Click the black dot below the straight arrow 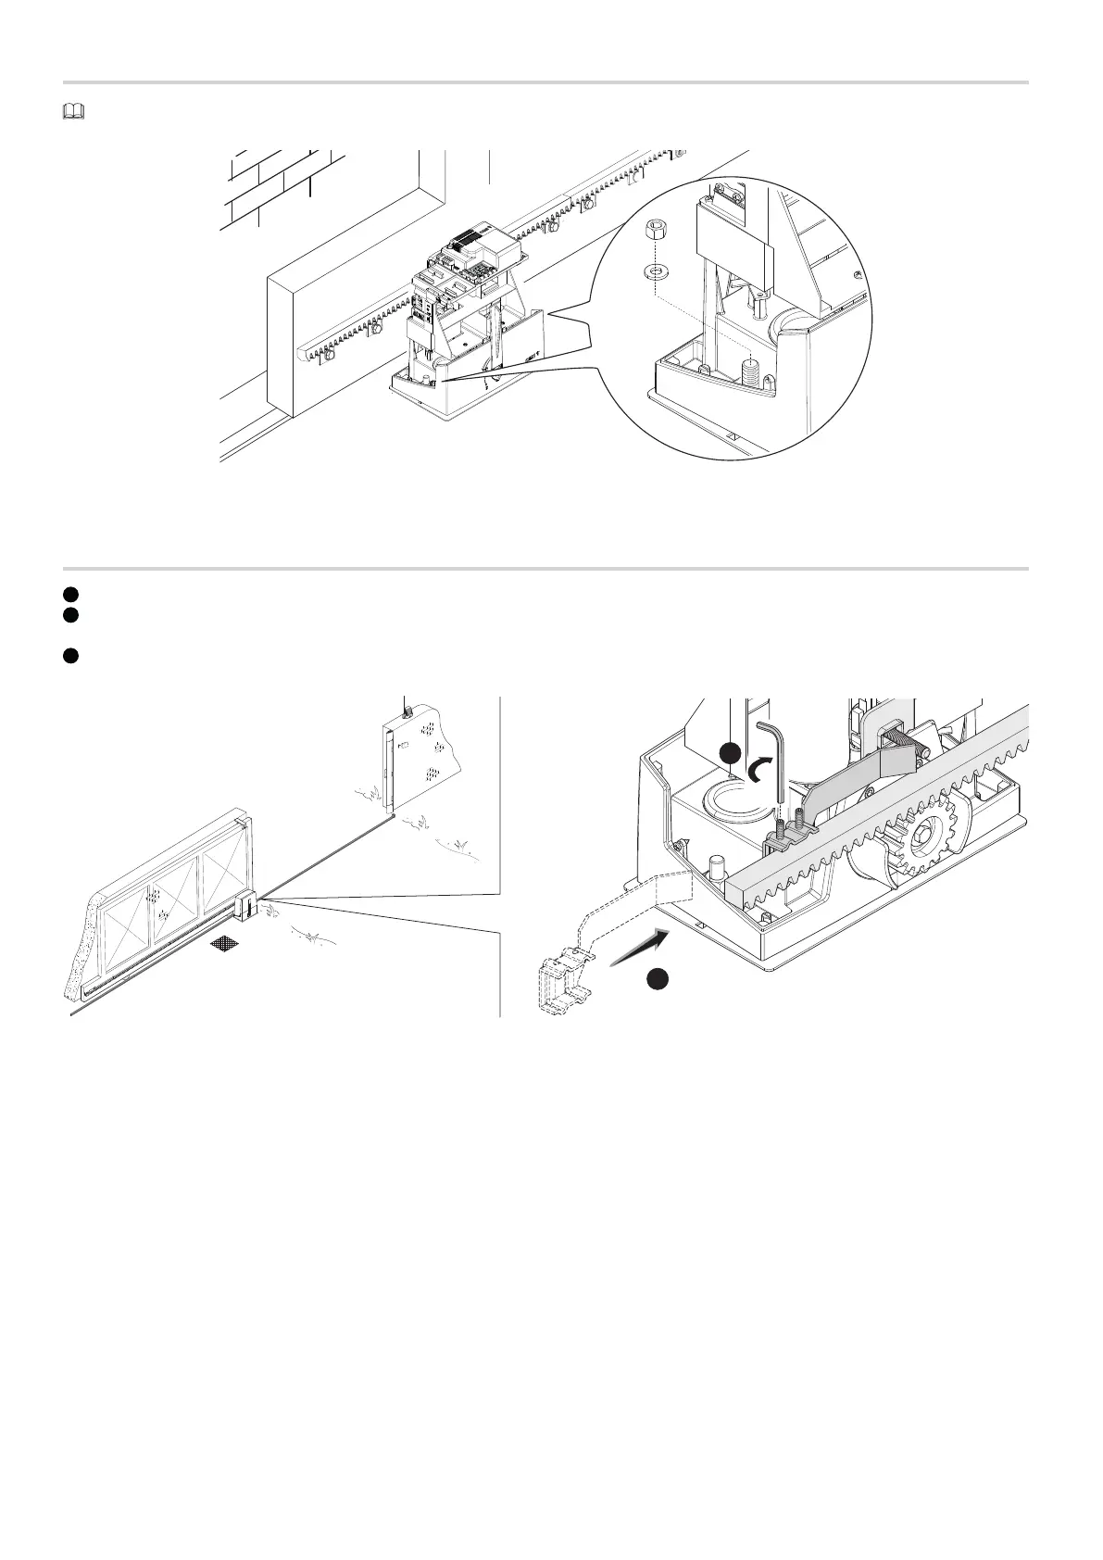click(658, 980)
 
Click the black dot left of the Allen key click(732, 752)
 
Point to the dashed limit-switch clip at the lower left click(564, 986)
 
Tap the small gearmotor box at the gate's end click(246, 905)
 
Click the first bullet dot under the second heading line click(69, 593)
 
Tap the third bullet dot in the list click(69, 656)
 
